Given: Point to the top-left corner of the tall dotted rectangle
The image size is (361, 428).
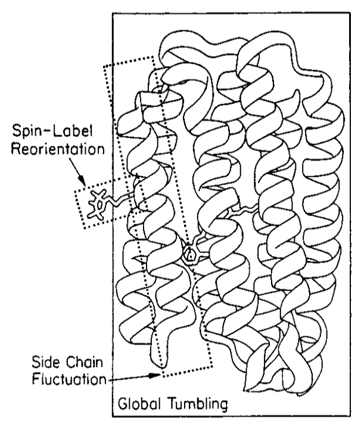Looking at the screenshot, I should click(x=104, y=64).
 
